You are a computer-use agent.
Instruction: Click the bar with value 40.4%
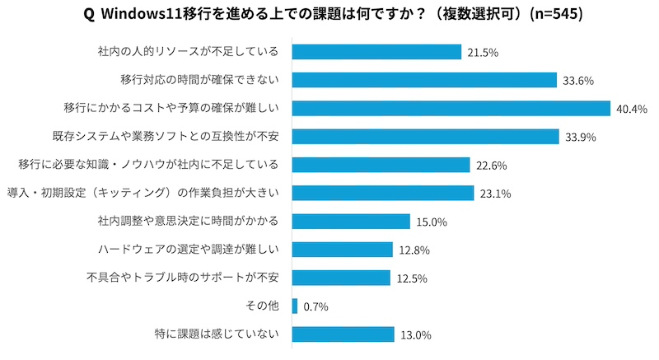click(451, 108)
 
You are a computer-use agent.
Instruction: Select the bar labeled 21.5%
click(376, 52)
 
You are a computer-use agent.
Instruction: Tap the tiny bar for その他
click(295, 306)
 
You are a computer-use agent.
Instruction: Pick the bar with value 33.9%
click(425, 137)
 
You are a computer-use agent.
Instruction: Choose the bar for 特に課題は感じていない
click(343, 334)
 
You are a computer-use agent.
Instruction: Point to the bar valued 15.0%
click(351, 221)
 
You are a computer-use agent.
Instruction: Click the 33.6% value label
click(578, 81)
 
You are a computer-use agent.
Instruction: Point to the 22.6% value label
click(490, 166)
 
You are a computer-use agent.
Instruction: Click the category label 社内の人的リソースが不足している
click(188, 52)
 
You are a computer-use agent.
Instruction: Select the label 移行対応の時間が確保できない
click(199, 80)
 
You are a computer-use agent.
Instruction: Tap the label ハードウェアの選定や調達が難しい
click(188, 249)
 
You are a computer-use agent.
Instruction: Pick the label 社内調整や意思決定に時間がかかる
click(188, 221)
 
